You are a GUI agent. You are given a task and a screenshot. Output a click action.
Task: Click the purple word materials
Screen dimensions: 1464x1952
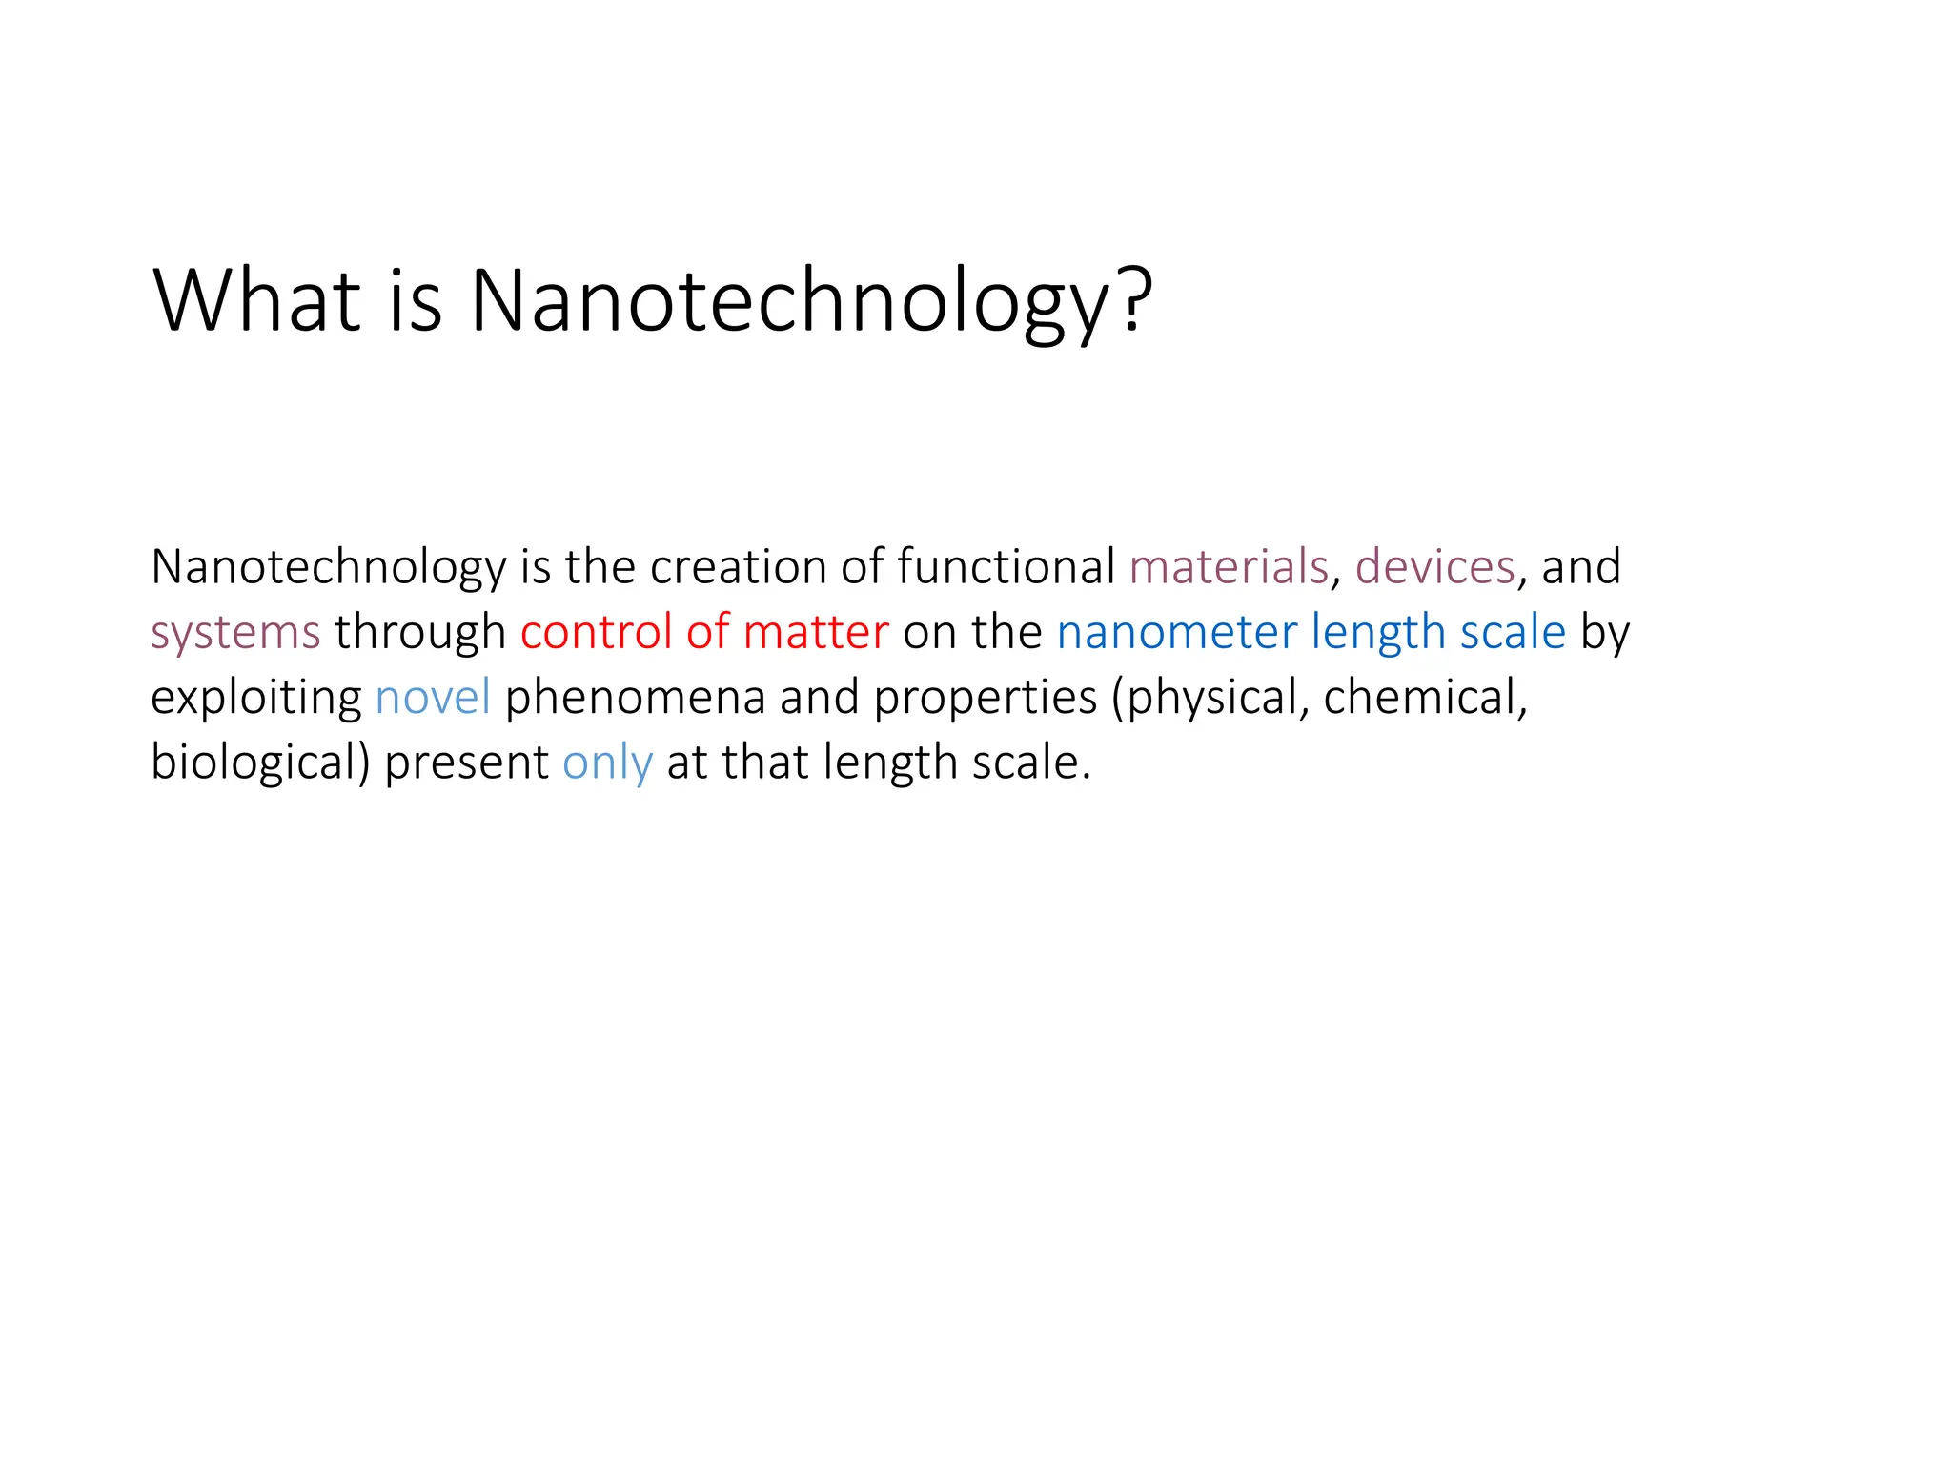[1228, 566]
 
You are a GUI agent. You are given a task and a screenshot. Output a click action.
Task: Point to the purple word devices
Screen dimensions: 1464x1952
[1434, 566]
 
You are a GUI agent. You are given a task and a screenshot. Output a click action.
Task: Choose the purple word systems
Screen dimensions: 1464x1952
[235, 633]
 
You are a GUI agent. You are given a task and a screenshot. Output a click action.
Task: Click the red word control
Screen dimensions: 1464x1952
[596, 631]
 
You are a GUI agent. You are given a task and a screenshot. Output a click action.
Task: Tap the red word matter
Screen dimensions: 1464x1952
[815, 633]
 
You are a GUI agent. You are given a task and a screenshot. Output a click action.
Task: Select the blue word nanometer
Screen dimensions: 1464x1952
[1176, 631]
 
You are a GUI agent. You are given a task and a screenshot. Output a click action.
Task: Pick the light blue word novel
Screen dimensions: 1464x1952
[433, 697]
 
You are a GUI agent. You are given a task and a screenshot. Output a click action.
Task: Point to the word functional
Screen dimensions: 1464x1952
[1005, 566]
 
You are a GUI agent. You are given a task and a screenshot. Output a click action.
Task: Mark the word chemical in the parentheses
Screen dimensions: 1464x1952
[1423, 697]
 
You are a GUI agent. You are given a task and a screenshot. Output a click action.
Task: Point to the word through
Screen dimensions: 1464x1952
[419, 633]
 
